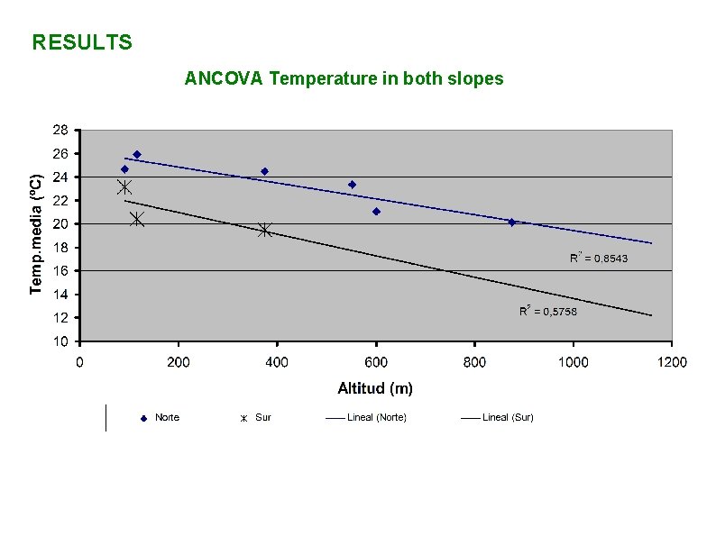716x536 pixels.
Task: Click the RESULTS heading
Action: (x=82, y=42)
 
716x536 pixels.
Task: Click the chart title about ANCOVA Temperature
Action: (x=344, y=78)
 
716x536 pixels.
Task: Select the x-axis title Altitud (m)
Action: (x=375, y=388)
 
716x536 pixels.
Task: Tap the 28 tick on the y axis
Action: (x=59, y=130)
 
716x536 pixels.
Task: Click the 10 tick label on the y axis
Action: (x=59, y=341)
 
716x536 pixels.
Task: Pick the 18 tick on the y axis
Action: (x=59, y=247)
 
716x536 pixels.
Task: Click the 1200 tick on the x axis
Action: (x=671, y=362)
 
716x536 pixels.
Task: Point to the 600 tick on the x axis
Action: (x=376, y=362)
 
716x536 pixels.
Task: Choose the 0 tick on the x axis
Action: (x=80, y=362)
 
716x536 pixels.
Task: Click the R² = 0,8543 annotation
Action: (x=599, y=259)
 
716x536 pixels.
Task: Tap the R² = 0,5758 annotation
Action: (x=548, y=311)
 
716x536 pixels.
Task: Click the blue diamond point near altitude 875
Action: (x=512, y=222)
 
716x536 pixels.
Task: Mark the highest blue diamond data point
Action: (x=137, y=154)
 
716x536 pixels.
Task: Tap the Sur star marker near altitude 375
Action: (x=264, y=230)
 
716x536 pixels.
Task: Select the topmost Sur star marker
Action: (x=124, y=187)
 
